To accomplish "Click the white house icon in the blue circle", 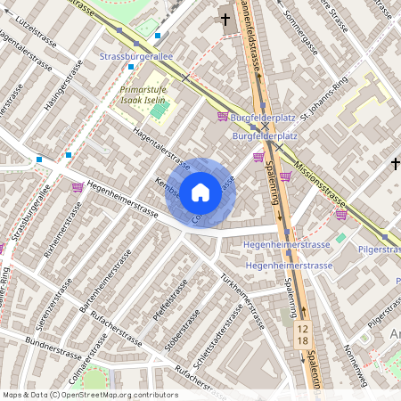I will tap(200, 192).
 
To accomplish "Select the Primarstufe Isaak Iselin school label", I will tap(145, 95).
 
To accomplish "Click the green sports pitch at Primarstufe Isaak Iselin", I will tap(158, 111).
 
